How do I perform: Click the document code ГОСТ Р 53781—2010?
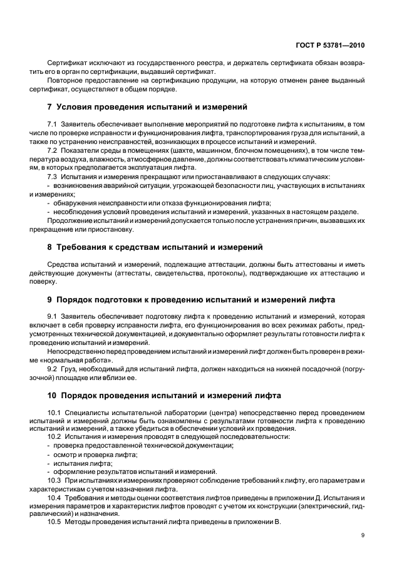pos(333,45)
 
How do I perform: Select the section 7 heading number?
pos(49,107)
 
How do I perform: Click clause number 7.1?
pos(52,126)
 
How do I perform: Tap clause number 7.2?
pos(52,152)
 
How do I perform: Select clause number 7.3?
pos(52,177)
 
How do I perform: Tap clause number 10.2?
pos(54,436)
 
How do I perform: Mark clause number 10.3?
pos(54,480)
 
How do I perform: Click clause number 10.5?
pos(54,522)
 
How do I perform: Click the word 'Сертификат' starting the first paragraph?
pos(66,64)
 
